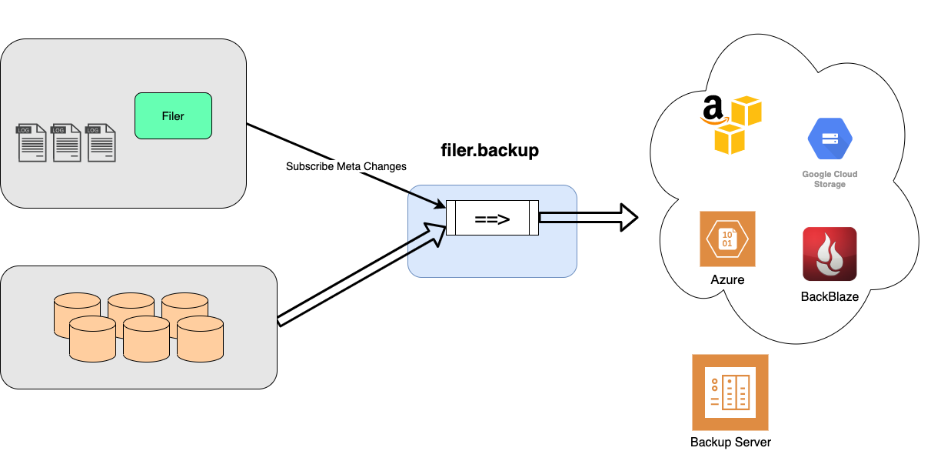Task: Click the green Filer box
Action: tap(173, 116)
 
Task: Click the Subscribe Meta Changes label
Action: tap(346, 166)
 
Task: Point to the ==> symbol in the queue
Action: tap(492, 219)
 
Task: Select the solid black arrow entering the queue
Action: tap(427, 199)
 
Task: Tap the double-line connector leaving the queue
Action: tap(558, 218)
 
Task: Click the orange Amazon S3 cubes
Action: tap(738, 125)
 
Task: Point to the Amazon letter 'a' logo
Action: tap(714, 109)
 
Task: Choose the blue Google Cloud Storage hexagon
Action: tap(830, 139)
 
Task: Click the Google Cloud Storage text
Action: tap(830, 179)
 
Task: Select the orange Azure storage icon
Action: tap(727, 239)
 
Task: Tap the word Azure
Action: tap(727, 280)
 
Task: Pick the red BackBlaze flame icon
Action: tap(830, 254)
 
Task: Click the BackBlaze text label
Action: tap(830, 296)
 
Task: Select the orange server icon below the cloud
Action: tap(730, 393)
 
